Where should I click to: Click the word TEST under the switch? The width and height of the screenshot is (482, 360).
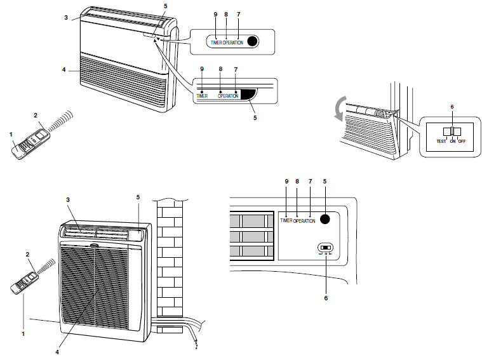[x=441, y=142]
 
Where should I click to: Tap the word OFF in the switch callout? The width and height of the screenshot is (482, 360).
[x=462, y=142]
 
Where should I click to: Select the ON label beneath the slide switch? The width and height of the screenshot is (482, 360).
[x=452, y=142]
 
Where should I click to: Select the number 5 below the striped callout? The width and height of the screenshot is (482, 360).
[x=255, y=117]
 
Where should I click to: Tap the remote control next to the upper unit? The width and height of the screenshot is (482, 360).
[x=30, y=142]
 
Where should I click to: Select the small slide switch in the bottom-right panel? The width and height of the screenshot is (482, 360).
[x=326, y=248]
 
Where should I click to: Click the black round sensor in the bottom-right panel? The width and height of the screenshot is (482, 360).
[x=326, y=220]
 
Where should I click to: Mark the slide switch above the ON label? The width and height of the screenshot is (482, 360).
[x=452, y=131]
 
